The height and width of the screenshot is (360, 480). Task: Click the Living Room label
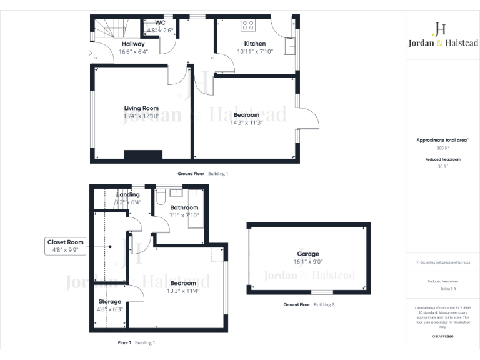click(x=141, y=108)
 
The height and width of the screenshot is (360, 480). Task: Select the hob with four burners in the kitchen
click(x=248, y=26)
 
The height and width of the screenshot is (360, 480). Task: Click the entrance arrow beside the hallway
click(x=91, y=54)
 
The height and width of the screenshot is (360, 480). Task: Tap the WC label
click(x=151, y=22)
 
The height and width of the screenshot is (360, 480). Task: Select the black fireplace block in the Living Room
click(x=143, y=156)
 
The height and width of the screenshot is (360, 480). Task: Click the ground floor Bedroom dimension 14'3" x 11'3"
click(x=246, y=122)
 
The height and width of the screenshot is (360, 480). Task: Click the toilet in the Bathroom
click(x=161, y=197)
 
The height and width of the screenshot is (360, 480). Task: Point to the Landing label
click(x=128, y=195)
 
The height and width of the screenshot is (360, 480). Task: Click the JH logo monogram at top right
click(x=439, y=28)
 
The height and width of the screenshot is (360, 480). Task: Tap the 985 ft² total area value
click(x=442, y=149)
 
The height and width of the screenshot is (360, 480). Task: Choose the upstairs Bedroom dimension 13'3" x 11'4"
click(x=182, y=291)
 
